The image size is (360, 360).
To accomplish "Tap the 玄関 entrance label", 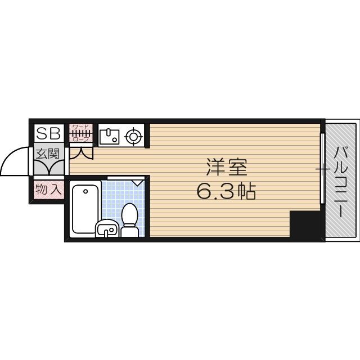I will [48, 152].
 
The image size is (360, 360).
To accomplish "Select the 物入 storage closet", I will [48, 189].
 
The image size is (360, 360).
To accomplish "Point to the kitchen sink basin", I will [109, 136].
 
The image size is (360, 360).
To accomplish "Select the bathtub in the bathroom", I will [85, 209].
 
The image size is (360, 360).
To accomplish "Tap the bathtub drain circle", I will [85, 192].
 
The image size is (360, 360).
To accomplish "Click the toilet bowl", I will [130, 214].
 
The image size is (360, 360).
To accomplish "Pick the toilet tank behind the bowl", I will [130, 231].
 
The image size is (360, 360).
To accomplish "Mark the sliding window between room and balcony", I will [322, 169].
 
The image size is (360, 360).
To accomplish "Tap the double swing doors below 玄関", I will [49, 167].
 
